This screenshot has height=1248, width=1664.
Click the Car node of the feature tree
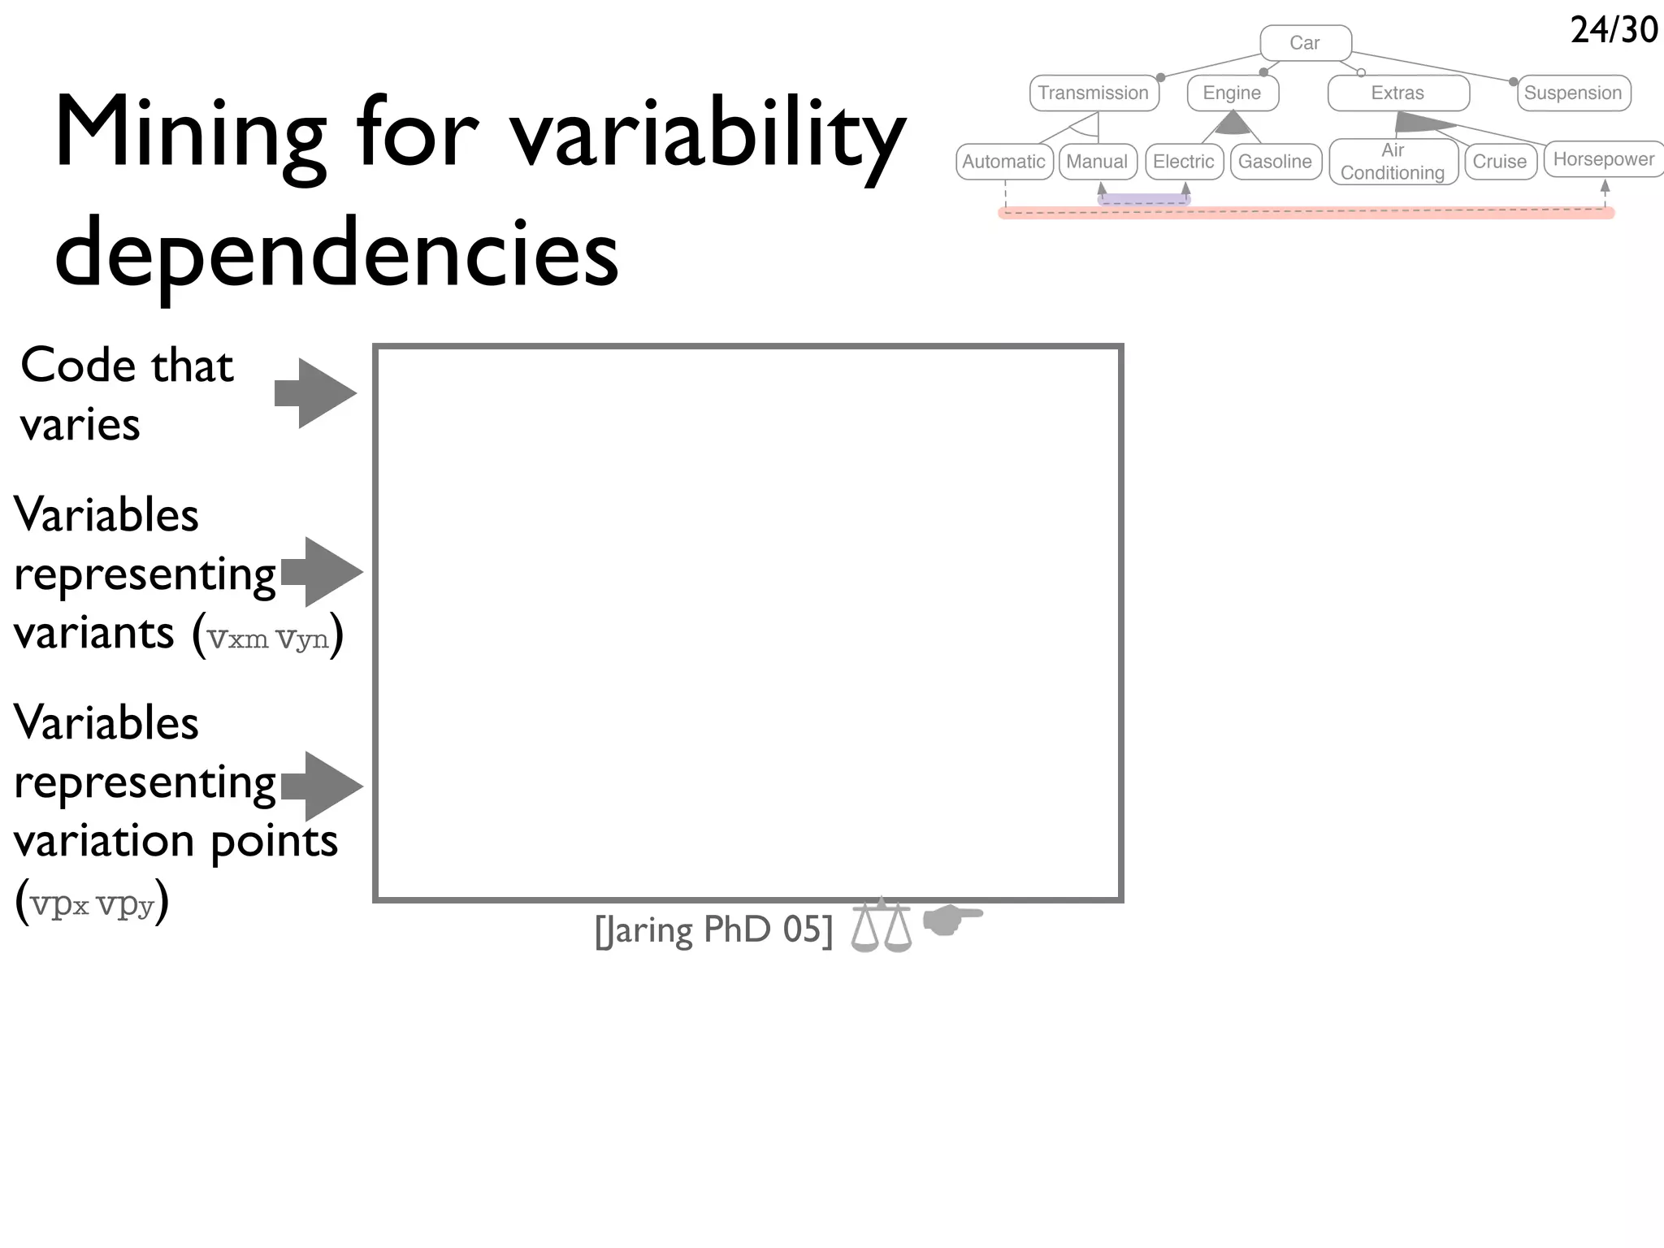pos(1305,43)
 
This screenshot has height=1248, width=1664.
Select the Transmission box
pos(1094,93)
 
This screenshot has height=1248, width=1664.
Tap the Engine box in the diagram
pos(1232,93)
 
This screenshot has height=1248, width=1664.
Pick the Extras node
pos(1397,93)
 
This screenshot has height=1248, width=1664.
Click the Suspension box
pos(1573,93)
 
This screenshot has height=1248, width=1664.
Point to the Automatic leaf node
pos(1003,162)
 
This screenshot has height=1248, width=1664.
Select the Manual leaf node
pos(1097,162)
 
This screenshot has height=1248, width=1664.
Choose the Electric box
pos(1183,162)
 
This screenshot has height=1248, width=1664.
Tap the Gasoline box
pos(1275,162)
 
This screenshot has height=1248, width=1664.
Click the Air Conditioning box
pos(1393,162)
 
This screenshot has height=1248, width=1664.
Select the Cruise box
pos(1499,162)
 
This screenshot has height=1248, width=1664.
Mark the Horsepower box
pos(1603,159)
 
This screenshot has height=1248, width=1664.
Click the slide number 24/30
pos(1614,30)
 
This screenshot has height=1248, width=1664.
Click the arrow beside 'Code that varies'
pos(315,393)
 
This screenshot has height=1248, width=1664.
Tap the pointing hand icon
pos(952,920)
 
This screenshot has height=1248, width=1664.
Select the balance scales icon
pos(882,926)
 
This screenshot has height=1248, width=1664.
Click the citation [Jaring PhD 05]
pos(713,930)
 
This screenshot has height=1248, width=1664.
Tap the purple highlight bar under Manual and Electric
pos(1143,200)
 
